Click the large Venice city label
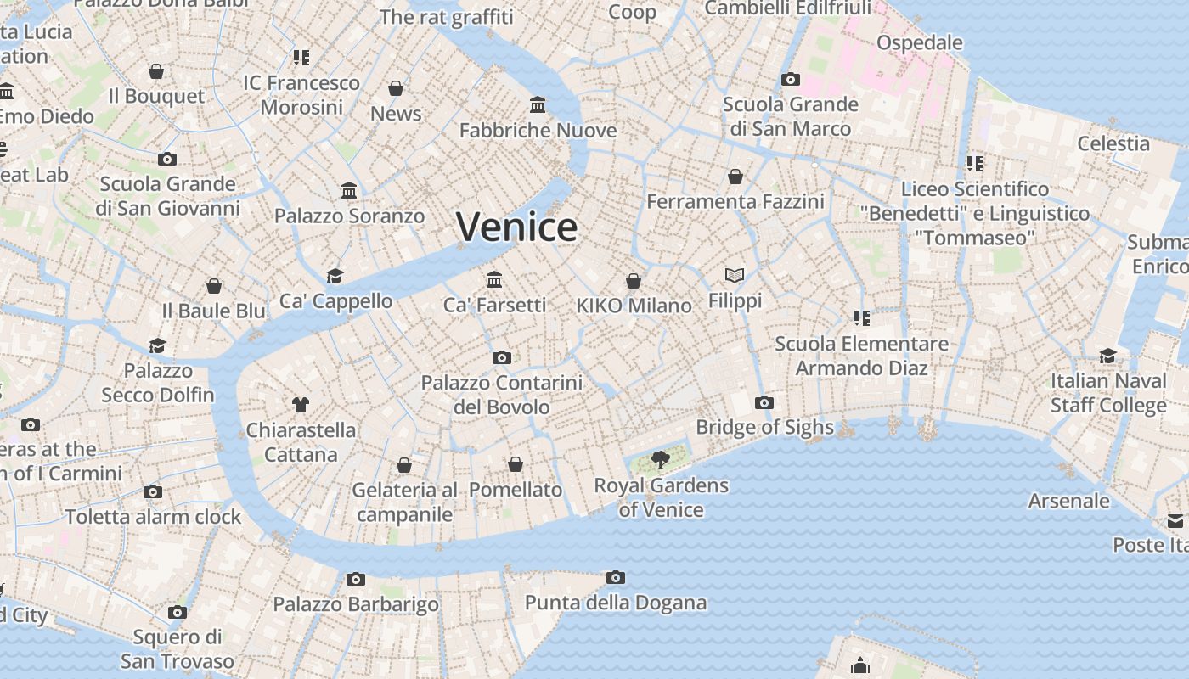516,227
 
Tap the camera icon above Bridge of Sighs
764,402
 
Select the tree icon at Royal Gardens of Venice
660,461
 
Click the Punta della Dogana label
615,603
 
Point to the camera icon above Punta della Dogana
616,577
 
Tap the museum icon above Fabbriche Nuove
538,104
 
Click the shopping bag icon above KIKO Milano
634,280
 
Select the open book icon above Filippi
735,275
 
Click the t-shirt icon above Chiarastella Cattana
301,404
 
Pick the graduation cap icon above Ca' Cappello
335,276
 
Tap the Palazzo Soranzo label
349,216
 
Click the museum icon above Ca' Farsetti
494,279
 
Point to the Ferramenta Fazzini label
735,202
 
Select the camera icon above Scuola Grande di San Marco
791,79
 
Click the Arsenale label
1068,501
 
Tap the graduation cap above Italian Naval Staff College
1108,355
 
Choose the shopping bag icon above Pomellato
516,464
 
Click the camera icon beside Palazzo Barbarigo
356,579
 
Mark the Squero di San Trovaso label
177,648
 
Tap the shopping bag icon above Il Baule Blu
214,286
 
